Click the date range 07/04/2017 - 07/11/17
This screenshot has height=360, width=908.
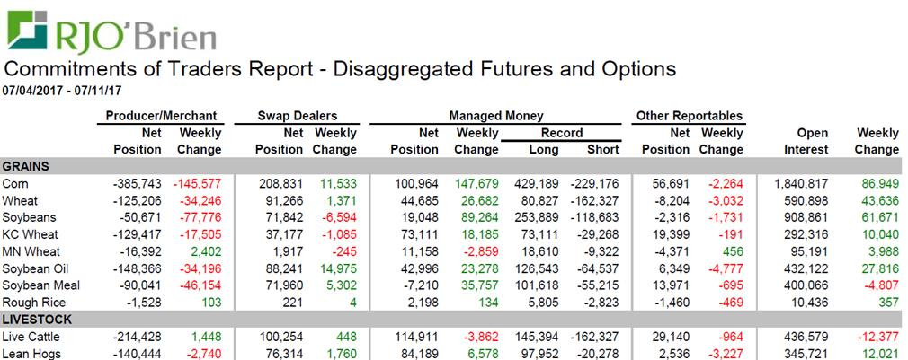pos(63,90)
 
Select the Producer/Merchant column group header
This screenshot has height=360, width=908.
pos(161,116)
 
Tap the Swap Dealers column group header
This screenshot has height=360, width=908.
pos(298,116)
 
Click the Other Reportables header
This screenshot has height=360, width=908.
pos(690,116)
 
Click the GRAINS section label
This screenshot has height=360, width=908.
pos(26,166)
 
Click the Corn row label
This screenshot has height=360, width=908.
pos(16,183)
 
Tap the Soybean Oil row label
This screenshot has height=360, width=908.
pos(38,268)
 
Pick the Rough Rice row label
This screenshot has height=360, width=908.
pos(34,302)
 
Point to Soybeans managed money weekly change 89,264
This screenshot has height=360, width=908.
pos(477,216)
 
